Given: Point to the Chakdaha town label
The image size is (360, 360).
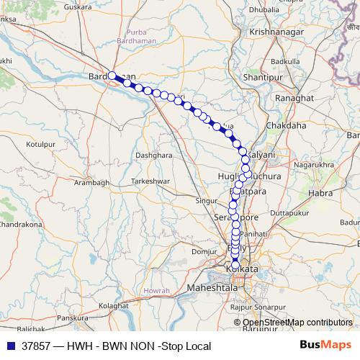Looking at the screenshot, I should click(286, 125).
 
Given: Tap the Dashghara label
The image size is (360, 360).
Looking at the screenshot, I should click(155, 155).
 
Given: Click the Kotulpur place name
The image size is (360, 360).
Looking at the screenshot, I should click(41, 145).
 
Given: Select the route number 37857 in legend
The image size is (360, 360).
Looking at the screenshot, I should click(37, 346).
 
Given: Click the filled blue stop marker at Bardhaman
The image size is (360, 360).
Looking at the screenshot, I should click(112, 76).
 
